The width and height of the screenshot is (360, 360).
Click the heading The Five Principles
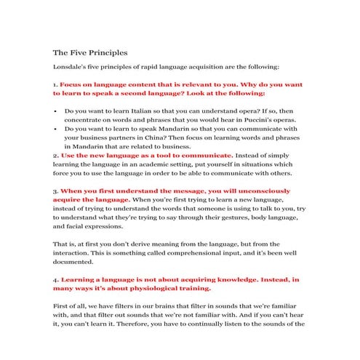90,53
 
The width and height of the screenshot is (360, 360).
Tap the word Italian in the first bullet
151,112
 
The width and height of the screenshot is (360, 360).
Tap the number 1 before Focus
55,84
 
